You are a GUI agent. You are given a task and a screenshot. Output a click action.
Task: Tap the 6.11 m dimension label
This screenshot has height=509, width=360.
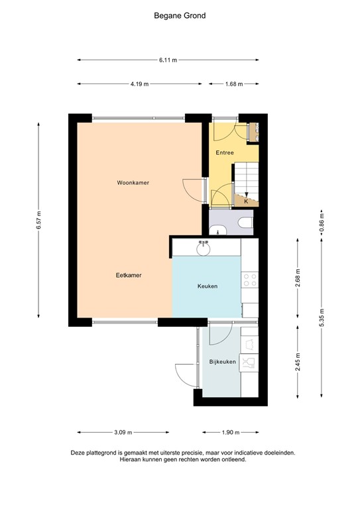[x=168, y=60]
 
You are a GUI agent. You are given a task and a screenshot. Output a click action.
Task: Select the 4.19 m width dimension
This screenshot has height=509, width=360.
[x=139, y=84]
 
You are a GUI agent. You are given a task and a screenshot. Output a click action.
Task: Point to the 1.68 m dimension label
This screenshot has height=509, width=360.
[x=234, y=84]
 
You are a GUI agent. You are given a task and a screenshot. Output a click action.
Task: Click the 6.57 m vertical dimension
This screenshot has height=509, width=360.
[x=39, y=221]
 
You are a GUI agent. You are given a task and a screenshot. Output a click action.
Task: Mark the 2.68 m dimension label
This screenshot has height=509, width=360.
[x=298, y=275]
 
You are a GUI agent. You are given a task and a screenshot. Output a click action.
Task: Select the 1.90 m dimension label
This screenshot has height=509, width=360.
[x=231, y=432]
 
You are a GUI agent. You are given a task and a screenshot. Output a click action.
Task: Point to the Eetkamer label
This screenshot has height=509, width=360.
[x=129, y=275]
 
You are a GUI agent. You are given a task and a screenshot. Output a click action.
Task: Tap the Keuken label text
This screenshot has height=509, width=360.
[x=207, y=286]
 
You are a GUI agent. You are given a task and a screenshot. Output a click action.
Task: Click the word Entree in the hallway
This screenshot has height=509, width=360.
[x=225, y=153]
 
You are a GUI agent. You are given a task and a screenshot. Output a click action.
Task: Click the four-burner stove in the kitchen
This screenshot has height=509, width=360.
[x=250, y=281]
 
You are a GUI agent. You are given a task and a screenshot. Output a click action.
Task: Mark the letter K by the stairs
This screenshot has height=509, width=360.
[x=246, y=201]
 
